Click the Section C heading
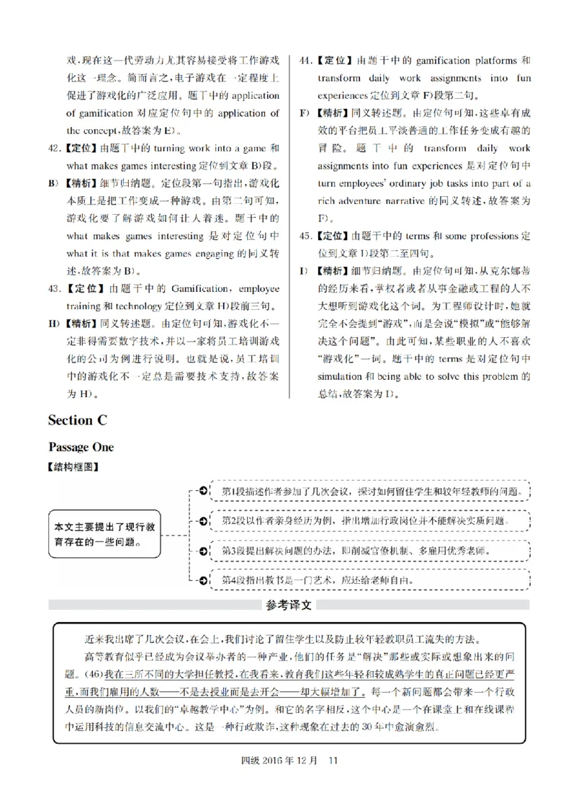point(80,420)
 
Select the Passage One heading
point(81,447)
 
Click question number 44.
point(305,61)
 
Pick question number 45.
point(305,236)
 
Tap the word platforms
point(489,61)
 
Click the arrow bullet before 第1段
point(203,491)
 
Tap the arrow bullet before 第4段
point(203,579)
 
